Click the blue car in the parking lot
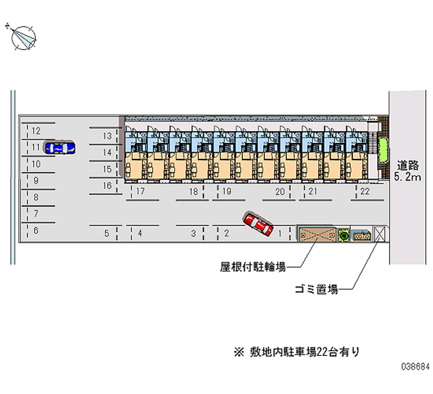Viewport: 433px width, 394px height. click(x=60, y=147)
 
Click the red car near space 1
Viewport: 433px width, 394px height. click(x=258, y=224)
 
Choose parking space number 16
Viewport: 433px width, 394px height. click(x=107, y=186)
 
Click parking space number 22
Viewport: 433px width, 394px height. click(x=365, y=191)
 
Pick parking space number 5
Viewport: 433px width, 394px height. click(x=107, y=234)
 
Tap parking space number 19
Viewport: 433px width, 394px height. click(x=227, y=191)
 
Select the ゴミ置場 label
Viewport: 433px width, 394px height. click(x=317, y=290)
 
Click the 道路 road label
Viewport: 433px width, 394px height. click(x=408, y=165)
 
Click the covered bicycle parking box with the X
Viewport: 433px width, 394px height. click(x=316, y=235)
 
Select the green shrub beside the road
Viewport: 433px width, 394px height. click(x=384, y=150)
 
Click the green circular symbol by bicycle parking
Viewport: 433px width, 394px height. click(x=343, y=235)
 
